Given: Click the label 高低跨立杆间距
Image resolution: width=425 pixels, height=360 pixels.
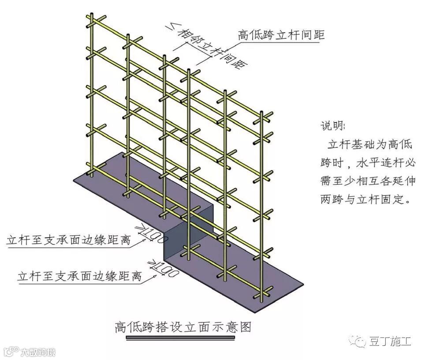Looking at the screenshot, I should pos(281,35).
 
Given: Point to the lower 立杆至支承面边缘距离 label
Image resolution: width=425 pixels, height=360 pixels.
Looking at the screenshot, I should pos(79,277).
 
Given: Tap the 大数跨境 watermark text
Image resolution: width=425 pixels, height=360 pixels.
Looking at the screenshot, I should pos(38,352).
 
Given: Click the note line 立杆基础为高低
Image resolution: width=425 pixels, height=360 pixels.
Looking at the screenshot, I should pos(369,144).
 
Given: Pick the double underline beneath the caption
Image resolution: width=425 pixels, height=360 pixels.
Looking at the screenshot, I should pos(181,338).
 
